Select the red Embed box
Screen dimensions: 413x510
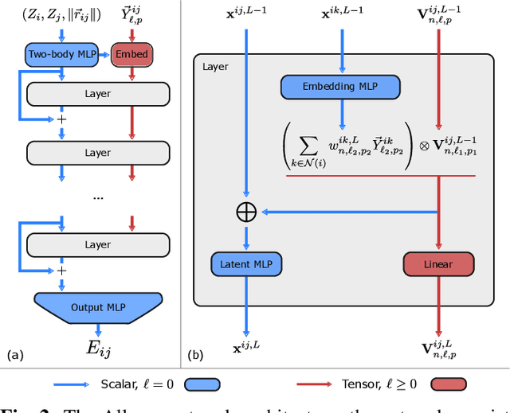tap(131, 54)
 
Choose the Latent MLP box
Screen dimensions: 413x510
tap(246, 263)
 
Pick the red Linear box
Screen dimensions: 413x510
tap(438, 263)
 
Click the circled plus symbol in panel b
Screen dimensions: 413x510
tap(246, 212)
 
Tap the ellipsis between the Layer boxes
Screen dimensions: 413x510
tap(98, 196)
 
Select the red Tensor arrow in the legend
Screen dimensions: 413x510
tap(324, 385)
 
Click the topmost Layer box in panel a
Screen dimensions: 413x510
tap(98, 95)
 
